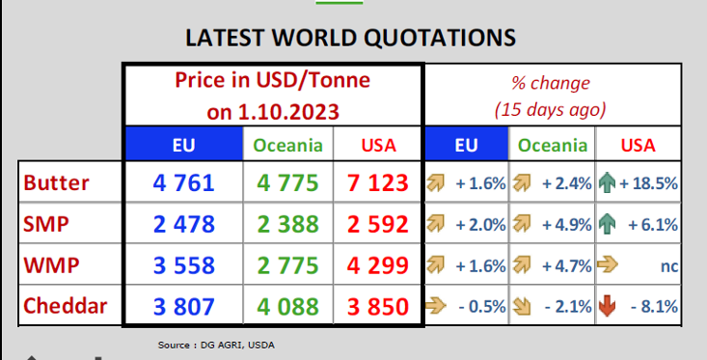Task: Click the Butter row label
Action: click(56, 182)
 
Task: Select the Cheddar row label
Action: click(66, 306)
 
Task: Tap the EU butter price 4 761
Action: click(183, 182)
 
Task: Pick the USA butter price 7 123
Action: click(378, 182)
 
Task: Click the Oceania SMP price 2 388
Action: click(288, 224)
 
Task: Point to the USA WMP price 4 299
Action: click(378, 264)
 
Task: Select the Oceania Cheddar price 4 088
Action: click(288, 306)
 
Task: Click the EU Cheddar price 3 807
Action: click(183, 306)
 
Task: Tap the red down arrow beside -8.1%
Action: click(607, 306)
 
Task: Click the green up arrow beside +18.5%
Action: click(607, 183)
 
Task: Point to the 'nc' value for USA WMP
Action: click(669, 265)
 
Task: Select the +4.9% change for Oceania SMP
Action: click(567, 224)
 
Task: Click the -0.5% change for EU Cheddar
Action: click(482, 307)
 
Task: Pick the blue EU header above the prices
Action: click(184, 144)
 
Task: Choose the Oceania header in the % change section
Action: click(553, 146)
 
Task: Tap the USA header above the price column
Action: click(379, 146)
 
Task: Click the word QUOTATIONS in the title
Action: click(440, 38)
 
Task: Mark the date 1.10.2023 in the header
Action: click(288, 112)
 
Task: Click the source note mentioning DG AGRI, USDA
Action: click(216, 346)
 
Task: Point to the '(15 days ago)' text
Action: click(550, 110)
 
